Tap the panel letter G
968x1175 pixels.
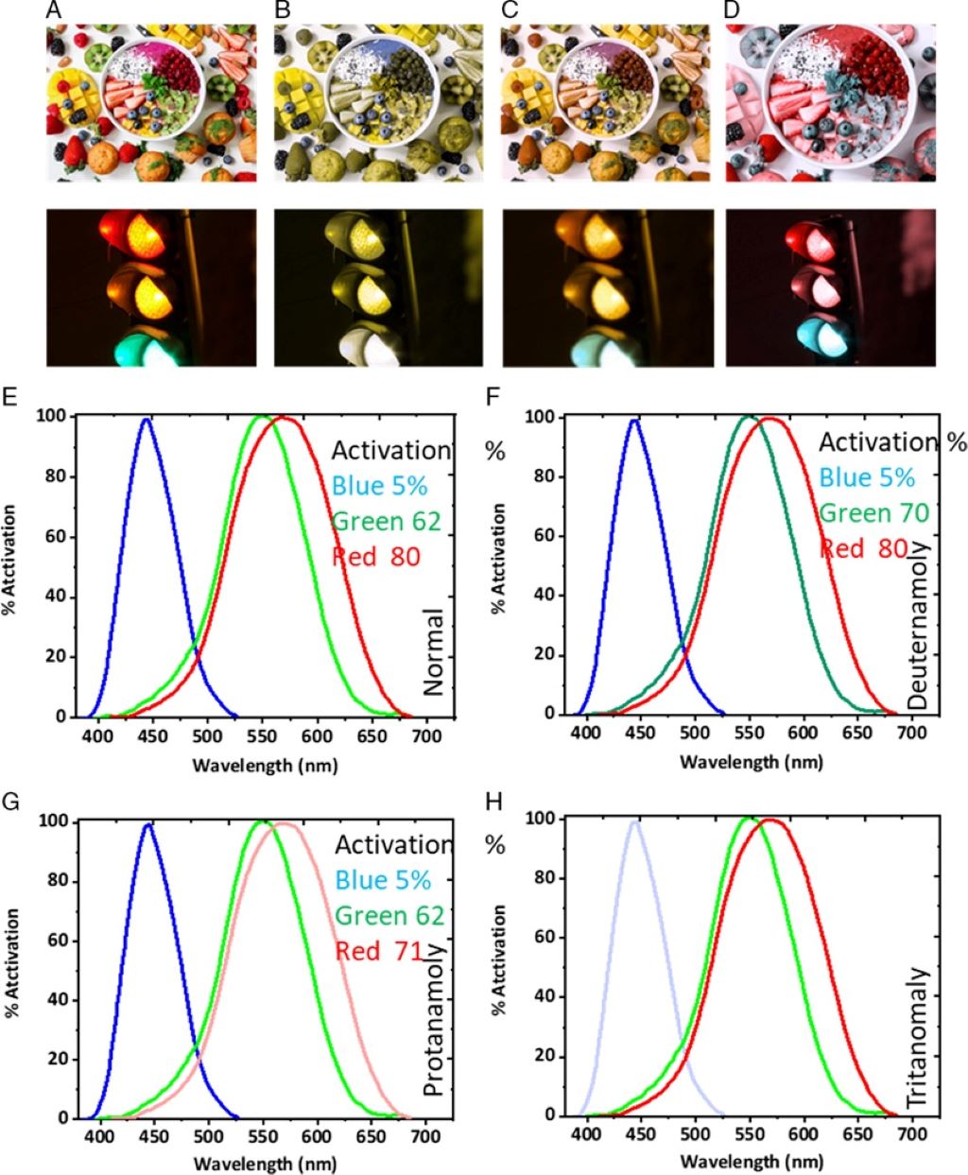pos(11,803)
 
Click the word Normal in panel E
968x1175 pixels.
pos(433,652)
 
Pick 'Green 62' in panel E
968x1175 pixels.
pos(388,520)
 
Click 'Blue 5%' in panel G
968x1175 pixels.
pos(383,879)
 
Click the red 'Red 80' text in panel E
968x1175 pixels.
pos(375,555)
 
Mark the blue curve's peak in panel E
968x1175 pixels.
pos(145,420)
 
